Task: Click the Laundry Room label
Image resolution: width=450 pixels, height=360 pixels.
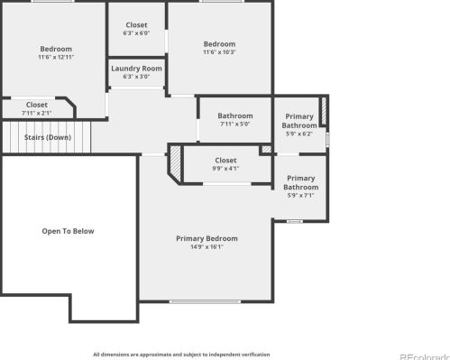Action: tap(136, 69)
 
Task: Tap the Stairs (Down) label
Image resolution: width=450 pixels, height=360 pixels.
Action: tap(48, 137)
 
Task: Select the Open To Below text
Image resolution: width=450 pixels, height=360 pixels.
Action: tap(68, 231)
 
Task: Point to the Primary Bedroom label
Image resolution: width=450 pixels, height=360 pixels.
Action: tap(207, 238)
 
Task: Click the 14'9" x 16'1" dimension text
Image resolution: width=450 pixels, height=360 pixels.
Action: tap(207, 247)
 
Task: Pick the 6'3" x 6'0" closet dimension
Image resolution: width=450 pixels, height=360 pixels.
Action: tap(136, 33)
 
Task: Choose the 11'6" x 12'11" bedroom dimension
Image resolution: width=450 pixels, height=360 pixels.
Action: tap(56, 57)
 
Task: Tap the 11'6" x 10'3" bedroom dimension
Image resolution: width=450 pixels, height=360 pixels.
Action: tap(219, 52)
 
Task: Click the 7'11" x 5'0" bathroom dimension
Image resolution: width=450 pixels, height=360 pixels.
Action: tap(235, 124)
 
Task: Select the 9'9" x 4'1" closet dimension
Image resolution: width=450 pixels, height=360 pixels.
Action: tap(225, 169)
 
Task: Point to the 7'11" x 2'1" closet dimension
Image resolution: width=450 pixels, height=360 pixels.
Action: tap(37, 113)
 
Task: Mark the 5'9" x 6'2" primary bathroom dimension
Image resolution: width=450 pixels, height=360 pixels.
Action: tap(299, 134)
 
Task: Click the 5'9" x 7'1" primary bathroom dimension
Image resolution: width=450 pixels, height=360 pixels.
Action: tap(300, 196)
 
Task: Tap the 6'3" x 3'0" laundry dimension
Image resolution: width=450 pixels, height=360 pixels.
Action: tap(136, 77)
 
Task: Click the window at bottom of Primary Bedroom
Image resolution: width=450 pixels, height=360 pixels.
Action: tap(205, 301)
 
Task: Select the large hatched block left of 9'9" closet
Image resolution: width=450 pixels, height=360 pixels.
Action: tap(175, 163)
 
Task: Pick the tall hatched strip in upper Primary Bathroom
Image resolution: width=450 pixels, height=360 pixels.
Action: tap(324, 111)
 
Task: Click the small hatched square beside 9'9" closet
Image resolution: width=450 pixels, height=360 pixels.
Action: tap(266, 149)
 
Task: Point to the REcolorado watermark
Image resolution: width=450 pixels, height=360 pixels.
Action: tap(425, 357)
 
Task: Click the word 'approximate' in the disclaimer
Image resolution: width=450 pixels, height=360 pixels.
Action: tap(155, 355)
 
